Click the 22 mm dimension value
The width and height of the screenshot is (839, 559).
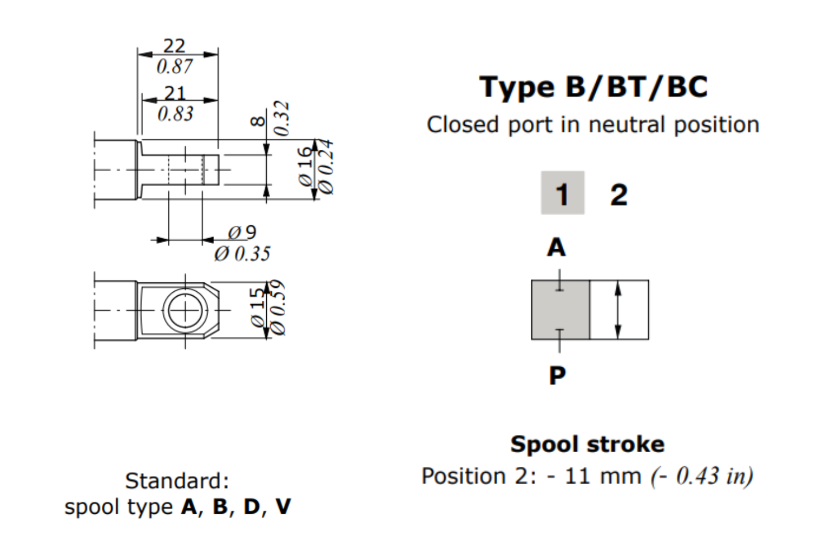click(174, 46)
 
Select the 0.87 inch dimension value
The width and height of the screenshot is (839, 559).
click(175, 67)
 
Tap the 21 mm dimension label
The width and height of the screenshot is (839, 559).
click(175, 93)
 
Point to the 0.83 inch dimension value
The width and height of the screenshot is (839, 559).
click(176, 114)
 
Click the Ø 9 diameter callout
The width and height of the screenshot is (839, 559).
click(242, 232)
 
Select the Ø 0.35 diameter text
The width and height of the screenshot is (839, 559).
click(242, 254)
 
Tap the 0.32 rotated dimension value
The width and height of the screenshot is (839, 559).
click(282, 119)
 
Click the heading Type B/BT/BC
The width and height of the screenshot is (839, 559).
click(593, 87)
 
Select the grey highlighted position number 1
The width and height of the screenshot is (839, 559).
click(562, 193)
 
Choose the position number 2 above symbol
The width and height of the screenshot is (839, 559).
click(619, 195)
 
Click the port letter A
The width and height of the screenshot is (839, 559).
click(557, 247)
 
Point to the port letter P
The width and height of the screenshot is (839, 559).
click(557, 375)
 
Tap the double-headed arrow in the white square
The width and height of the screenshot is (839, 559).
click(618, 310)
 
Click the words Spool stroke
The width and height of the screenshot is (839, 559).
click(587, 444)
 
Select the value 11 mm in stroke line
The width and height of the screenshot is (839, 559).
click(602, 476)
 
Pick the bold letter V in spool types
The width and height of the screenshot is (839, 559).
click(283, 507)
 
